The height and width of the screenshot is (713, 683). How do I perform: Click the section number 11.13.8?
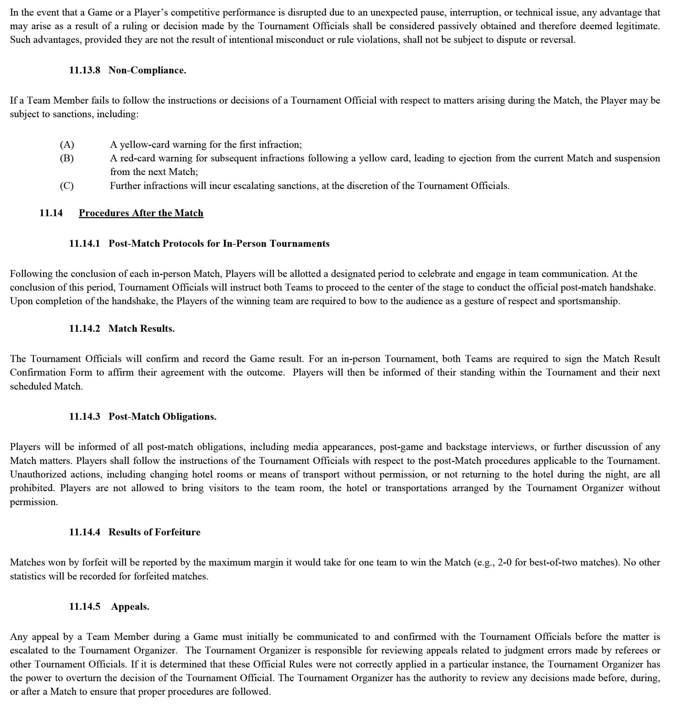point(84,70)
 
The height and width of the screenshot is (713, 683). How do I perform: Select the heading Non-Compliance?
point(147,70)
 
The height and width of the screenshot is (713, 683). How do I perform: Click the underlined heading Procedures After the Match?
point(141,213)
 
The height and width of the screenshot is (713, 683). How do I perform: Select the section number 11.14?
point(51,213)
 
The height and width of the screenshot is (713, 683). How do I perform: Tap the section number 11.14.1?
point(84,243)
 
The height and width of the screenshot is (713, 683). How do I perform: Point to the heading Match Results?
point(142,328)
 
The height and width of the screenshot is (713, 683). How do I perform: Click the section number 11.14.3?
point(84,416)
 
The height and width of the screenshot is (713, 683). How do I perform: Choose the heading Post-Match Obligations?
point(163,416)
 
